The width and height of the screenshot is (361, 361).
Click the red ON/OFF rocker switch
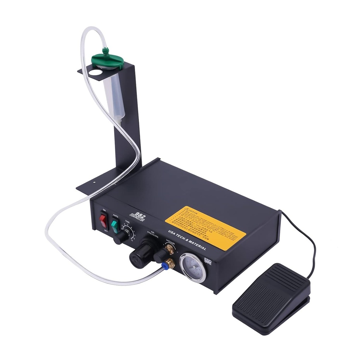click(103, 220)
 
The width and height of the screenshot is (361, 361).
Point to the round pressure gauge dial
click(192, 268)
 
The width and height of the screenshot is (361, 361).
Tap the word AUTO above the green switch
click(115, 215)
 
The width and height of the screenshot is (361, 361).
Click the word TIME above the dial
click(127, 222)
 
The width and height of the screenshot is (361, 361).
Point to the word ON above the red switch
click(104, 210)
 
